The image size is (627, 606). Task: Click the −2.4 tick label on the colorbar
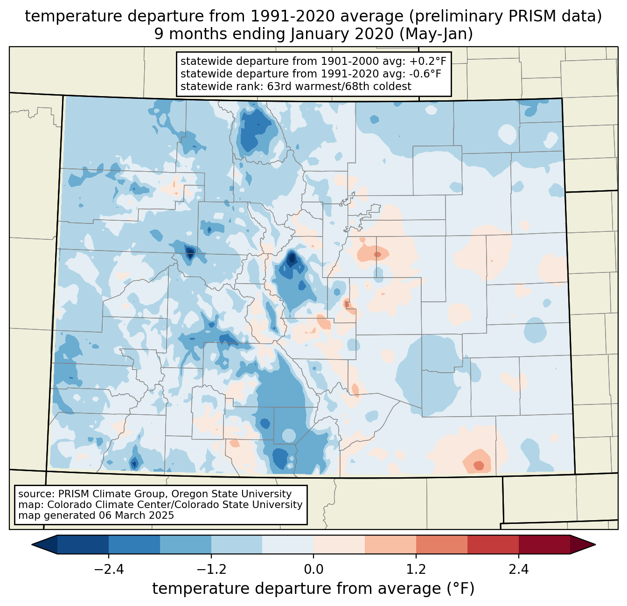tap(109, 570)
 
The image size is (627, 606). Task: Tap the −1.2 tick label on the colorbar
tap(211, 570)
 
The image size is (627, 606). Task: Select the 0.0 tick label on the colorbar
tap(313, 570)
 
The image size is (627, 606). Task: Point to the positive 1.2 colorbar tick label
tap(416, 570)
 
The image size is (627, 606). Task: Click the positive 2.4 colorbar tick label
tap(519, 570)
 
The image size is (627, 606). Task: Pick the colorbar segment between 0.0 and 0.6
tap(339, 544)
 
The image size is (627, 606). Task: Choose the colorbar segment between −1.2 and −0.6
tap(237, 544)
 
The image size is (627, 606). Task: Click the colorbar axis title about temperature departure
tap(313, 589)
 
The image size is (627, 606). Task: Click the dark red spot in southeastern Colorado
tap(479, 465)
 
